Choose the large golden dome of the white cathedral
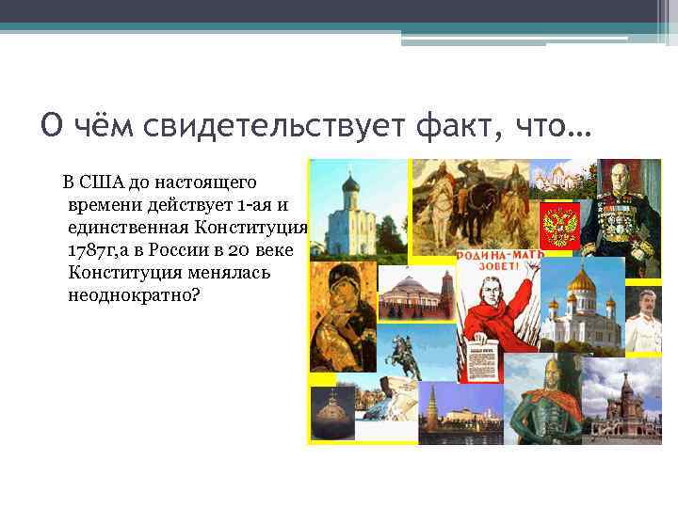582,278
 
